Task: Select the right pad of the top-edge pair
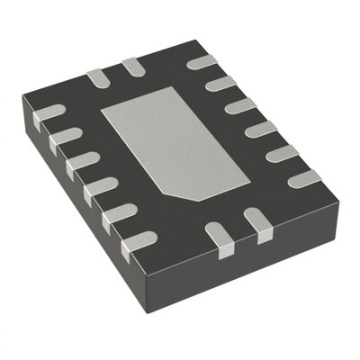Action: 132,66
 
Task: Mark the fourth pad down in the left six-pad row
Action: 98,189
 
